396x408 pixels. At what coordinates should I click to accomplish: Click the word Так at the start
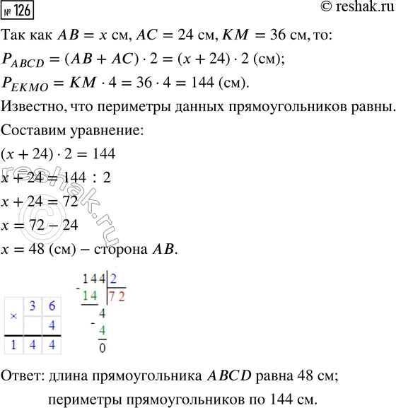pos(15,35)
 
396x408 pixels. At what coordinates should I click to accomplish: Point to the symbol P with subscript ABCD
pos(19,61)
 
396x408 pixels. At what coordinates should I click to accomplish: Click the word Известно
pos(31,109)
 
